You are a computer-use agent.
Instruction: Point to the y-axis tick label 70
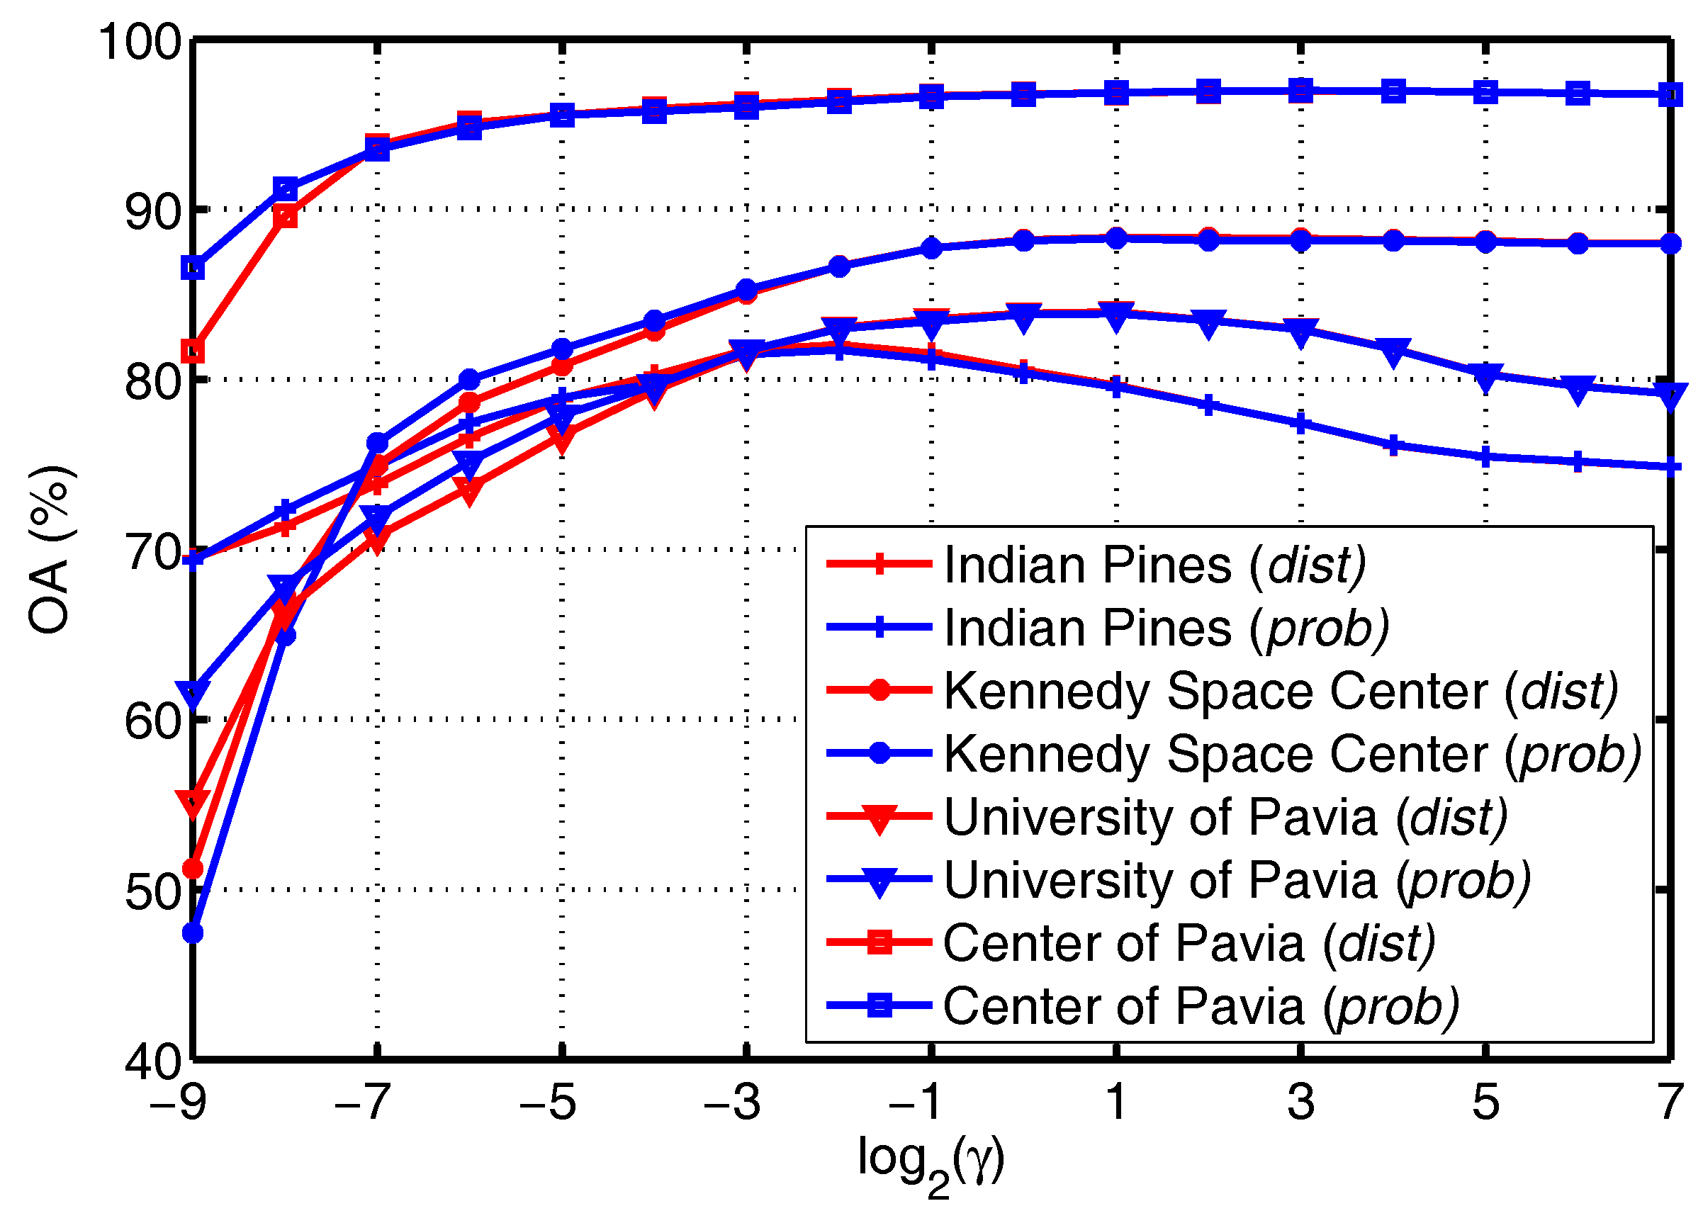pyautogui.click(x=154, y=553)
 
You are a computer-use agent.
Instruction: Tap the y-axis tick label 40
pyautogui.click(x=154, y=1063)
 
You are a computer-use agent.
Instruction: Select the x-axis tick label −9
pyautogui.click(x=178, y=1102)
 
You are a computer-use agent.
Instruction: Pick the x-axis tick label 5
pyautogui.click(x=1485, y=1102)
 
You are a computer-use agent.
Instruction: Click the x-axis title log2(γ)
pyautogui.click(x=931, y=1161)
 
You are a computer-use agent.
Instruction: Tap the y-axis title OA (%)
pyautogui.click(x=50, y=550)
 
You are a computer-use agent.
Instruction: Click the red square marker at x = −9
pyautogui.click(x=193, y=351)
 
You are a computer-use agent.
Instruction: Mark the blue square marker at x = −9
pyautogui.click(x=193, y=268)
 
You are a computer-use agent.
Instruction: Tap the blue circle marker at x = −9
pyautogui.click(x=193, y=933)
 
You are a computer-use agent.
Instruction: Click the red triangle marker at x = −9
pyautogui.click(x=193, y=802)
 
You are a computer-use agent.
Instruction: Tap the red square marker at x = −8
pyautogui.click(x=286, y=218)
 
